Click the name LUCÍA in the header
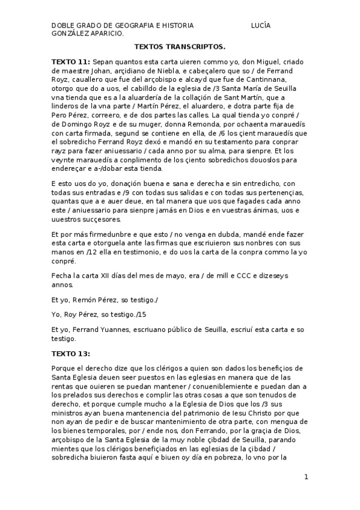(x=261, y=26)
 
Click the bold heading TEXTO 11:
(x=71, y=61)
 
